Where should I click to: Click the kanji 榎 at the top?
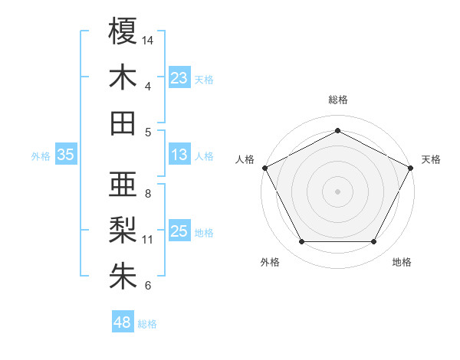(x=123, y=31)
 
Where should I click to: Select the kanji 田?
(x=123, y=123)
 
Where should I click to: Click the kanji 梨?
(x=123, y=231)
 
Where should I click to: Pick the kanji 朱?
(x=123, y=277)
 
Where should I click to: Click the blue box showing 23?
(x=179, y=77)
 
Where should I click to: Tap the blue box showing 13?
(x=179, y=155)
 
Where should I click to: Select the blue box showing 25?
(x=179, y=231)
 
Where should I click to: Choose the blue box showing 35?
(x=65, y=155)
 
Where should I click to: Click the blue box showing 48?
(x=122, y=322)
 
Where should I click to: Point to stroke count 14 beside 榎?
(x=148, y=39)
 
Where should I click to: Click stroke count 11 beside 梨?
(x=148, y=240)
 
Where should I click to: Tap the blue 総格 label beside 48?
(x=147, y=324)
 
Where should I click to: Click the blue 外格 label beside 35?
(x=40, y=155)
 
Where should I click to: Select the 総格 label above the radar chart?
(x=337, y=100)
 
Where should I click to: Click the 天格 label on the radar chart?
(x=431, y=159)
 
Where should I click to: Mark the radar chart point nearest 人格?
(x=264, y=167)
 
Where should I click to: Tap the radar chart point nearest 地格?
(x=373, y=242)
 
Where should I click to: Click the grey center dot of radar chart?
(x=337, y=191)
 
